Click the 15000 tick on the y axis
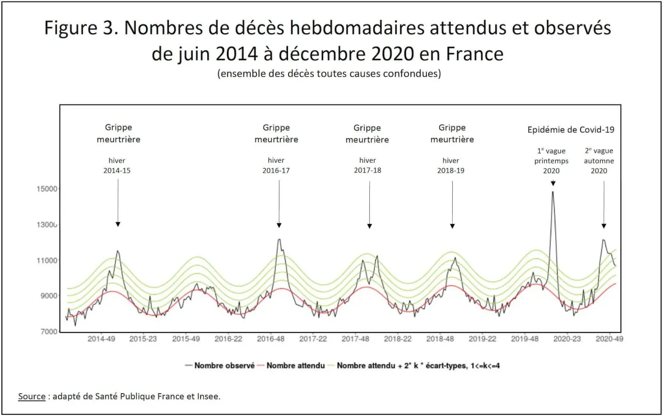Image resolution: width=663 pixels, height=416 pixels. tap(47, 189)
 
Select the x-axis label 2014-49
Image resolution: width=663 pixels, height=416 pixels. tap(101, 339)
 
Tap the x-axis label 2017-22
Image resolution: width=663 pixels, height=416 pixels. tap(313, 339)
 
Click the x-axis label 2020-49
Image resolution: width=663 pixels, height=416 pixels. tap(610, 339)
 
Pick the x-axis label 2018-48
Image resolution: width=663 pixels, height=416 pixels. tap(440, 339)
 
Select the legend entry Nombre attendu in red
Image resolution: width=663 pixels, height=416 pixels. tap(291, 366)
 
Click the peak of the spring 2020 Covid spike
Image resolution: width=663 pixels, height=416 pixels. tap(553, 192)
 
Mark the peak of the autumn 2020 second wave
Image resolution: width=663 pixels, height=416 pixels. tap(603, 240)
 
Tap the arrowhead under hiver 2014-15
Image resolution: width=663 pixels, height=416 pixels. tap(118, 224)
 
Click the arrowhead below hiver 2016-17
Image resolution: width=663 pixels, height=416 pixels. tap(279, 225)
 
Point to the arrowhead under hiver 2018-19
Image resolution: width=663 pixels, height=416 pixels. tap(452, 226)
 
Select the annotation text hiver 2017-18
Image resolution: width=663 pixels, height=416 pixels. tap(368, 165)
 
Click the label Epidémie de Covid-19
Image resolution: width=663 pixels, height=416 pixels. tap(571, 130)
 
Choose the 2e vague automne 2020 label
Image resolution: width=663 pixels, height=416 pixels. tap(599, 161)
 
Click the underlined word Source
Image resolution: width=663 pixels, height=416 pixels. tap(32, 396)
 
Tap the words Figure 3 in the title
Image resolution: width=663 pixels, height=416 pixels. tap(81, 28)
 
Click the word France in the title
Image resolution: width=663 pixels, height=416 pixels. tap(475, 54)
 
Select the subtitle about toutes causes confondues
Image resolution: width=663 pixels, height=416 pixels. tap(329, 74)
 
